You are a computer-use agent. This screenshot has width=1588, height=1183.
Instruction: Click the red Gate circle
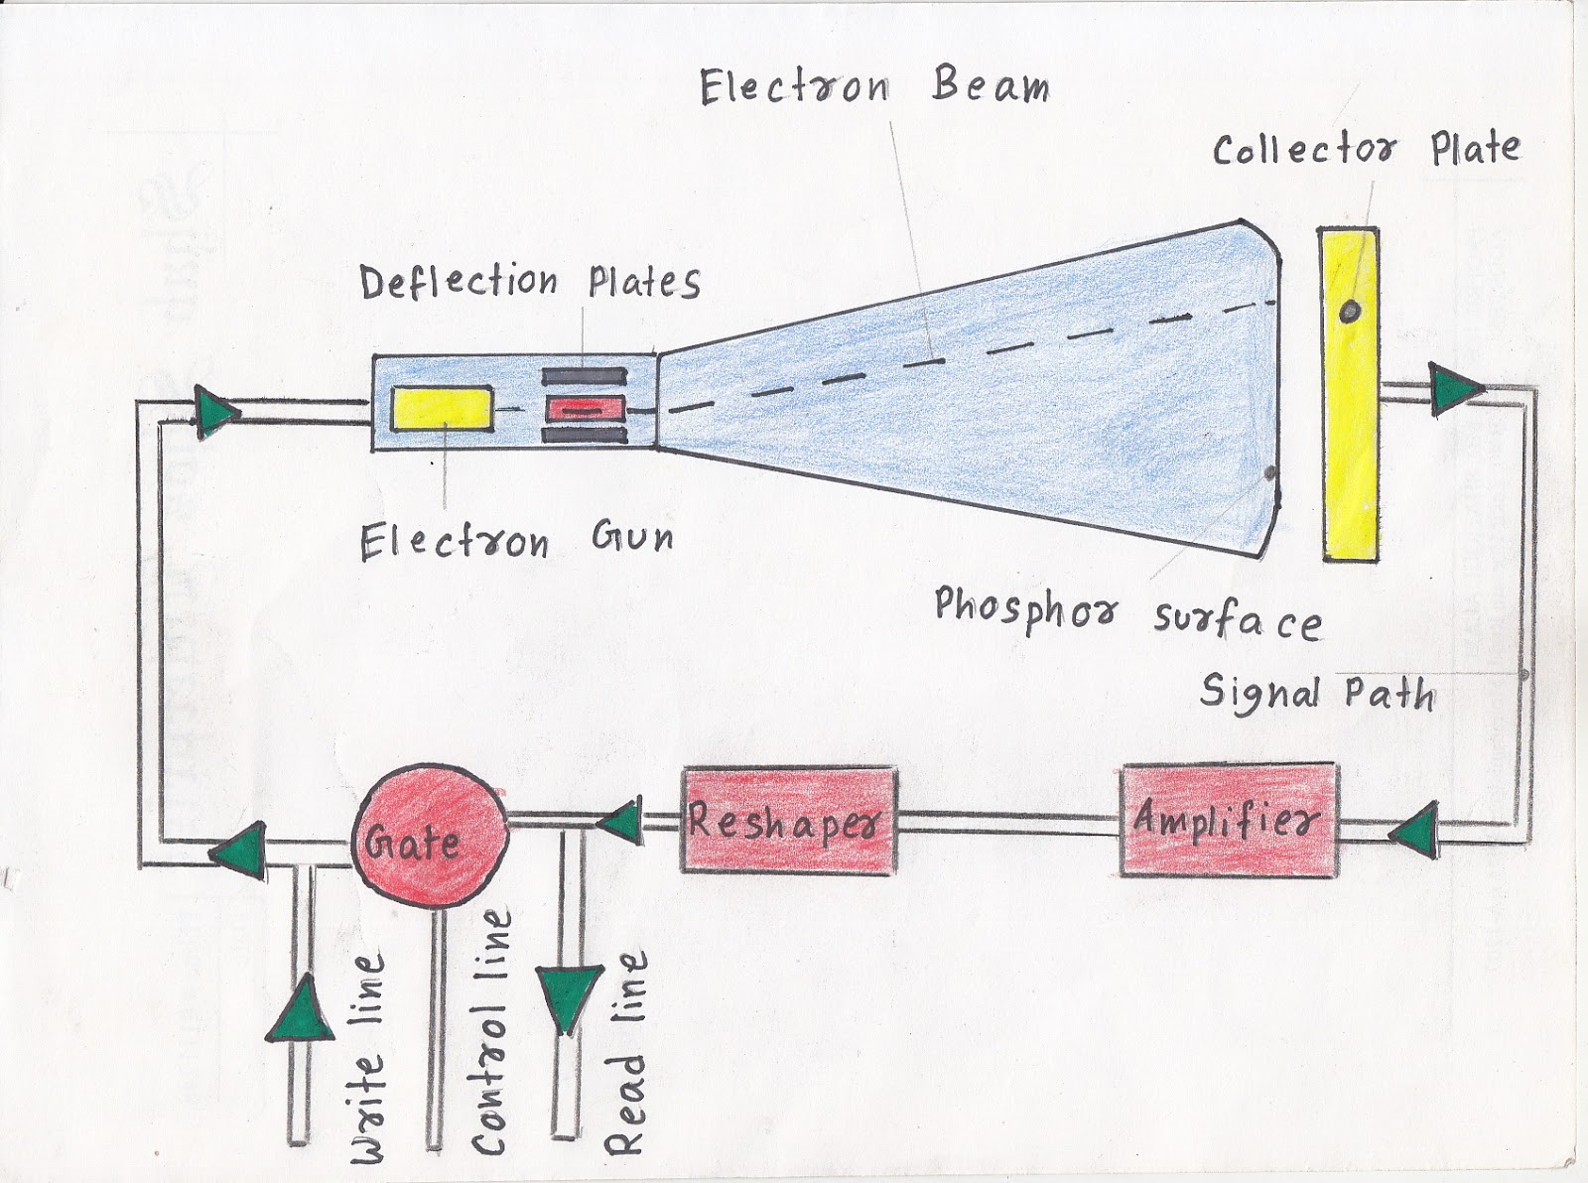pyautogui.click(x=431, y=836)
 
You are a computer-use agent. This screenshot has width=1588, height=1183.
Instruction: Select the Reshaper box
pyautogui.click(x=788, y=820)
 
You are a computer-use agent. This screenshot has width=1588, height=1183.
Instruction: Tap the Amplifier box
pyautogui.click(x=1229, y=820)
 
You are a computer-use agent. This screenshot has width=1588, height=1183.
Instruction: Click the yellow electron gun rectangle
pyautogui.click(x=442, y=408)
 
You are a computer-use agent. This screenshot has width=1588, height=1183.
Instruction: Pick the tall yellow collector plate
pyautogui.click(x=1349, y=395)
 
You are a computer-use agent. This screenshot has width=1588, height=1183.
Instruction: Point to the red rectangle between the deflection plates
pyautogui.click(x=586, y=410)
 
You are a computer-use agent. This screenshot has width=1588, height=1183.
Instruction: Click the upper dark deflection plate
pyautogui.click(x=585, y=377)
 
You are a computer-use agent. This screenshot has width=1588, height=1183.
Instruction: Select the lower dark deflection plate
pyautogui.click(x=585, y=436)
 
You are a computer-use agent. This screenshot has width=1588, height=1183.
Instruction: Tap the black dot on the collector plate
pyautogui.click(x=1350, y=311)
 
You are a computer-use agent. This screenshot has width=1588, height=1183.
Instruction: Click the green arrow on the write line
pyautogui.click(x=300, y=1008)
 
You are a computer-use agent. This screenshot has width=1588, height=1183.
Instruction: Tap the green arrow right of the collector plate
pyautogui.click(x=1454, y=389)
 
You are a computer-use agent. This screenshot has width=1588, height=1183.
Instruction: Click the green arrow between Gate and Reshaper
pyautogui.click(x=620, y=822)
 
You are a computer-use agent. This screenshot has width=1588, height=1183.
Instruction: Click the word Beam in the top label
pyautogui.click(x=991, y=86)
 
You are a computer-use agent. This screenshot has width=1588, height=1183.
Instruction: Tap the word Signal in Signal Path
pyautogui.click(x=1259, y=694)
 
